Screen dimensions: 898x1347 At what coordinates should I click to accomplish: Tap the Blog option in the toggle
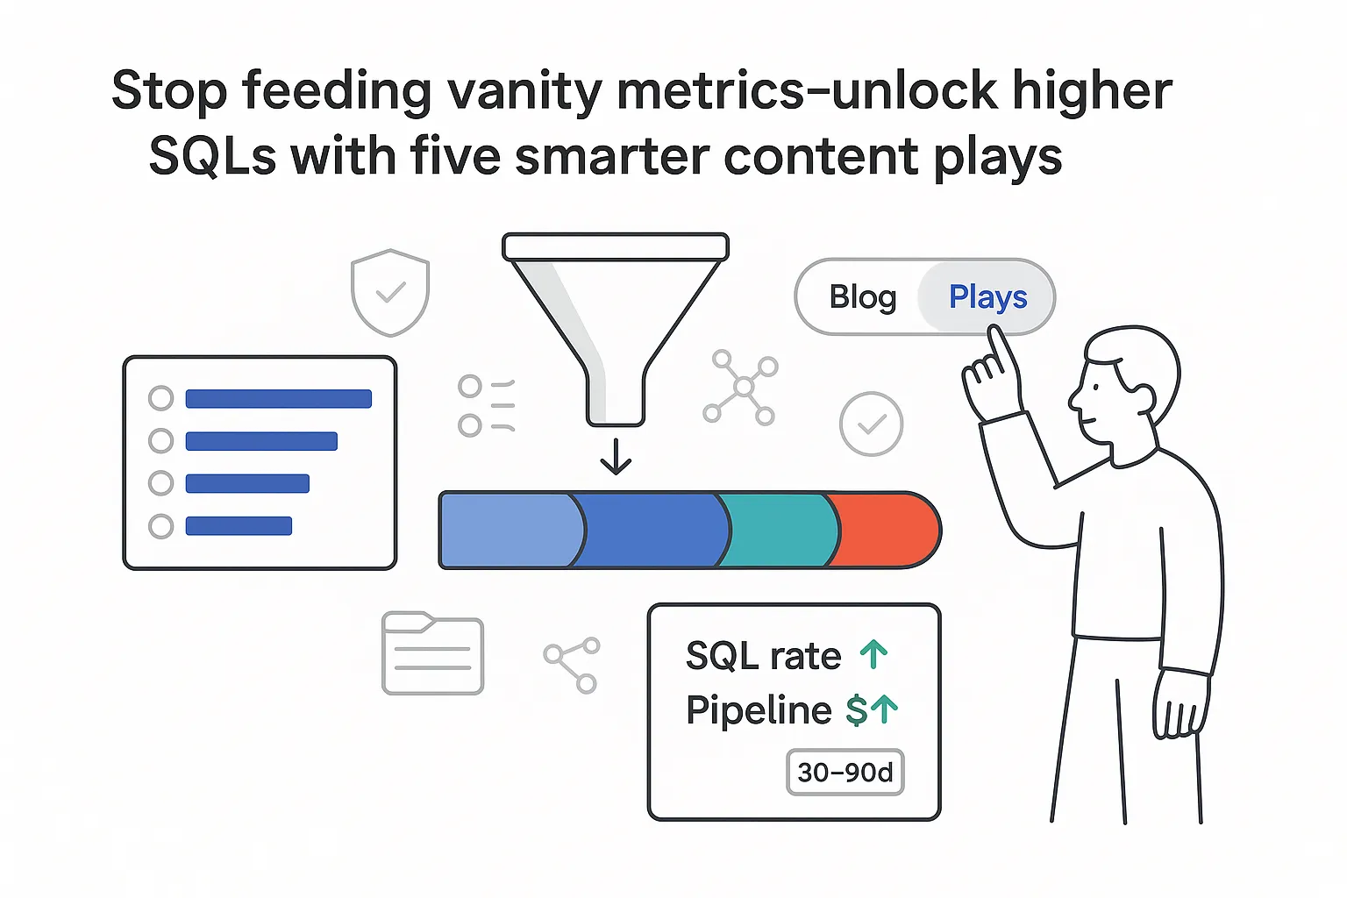[863, 297]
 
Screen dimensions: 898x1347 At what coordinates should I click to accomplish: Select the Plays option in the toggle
[987, 297]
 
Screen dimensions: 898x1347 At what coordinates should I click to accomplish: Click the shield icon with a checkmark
[390, 292]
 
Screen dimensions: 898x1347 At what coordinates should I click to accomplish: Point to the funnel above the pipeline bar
[615, 316]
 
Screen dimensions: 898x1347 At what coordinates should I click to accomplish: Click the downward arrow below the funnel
[616, 456]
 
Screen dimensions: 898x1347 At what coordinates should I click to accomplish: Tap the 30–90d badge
[845, 773]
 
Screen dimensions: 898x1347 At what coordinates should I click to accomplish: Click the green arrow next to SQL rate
[873, 654]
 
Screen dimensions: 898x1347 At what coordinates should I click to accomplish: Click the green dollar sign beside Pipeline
[856, 710]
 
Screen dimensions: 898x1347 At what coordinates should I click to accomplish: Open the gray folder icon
[433, 654]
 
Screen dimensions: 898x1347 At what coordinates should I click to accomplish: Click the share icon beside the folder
[572, 665]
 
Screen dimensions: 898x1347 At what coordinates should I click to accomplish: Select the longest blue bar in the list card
[279, 399]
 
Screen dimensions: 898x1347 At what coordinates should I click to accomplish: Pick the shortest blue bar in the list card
[239, 526]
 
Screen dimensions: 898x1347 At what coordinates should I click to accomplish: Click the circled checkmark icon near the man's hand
[871, 424]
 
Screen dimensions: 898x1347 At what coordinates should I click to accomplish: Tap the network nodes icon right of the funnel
[742, 387]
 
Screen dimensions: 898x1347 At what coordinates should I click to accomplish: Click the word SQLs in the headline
[211, 158]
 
